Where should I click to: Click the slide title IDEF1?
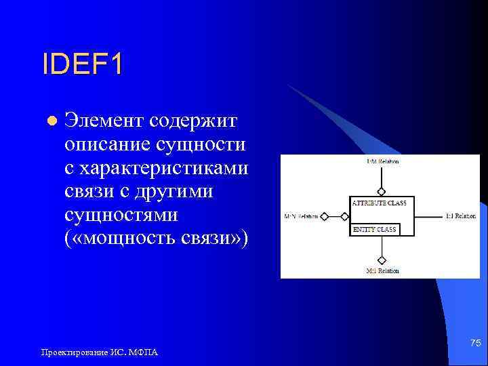click(83, 66)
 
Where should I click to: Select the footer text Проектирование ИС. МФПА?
click(100, 352)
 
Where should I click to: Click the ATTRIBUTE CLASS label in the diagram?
click(379, 203)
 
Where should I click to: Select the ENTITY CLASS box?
click(375, 230)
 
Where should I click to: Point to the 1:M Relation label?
click(382, 162)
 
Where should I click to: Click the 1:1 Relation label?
click(461, 216)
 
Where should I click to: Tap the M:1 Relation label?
click(382, 271)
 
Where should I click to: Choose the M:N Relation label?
click(300, 217)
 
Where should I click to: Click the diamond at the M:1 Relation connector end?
click(382, 260)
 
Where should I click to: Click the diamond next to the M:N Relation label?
click(325, 217)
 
